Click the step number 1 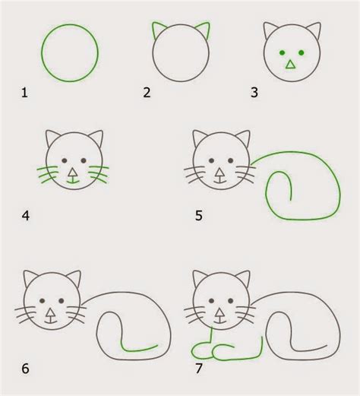click(24, 93)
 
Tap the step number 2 click(146, 93)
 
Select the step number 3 click(255, 93)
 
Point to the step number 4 click(25, 215)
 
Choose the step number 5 click(198, 215)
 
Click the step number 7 click(198, 370)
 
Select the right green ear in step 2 click(204, 30)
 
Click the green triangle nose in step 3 click(289, 65)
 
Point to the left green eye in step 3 click(281, 52)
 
